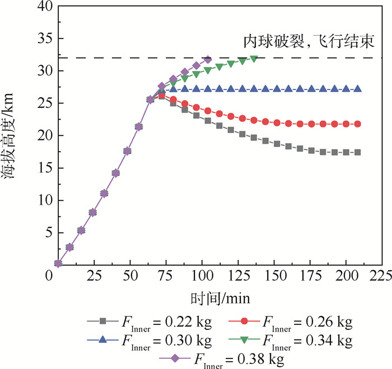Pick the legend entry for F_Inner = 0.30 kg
pos(149,339)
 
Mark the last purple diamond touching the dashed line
pos(208,59)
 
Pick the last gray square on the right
pos(357,152)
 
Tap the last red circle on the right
pos(357,124)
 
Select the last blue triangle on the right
pos(357,89)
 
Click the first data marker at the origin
pos(58,263)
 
